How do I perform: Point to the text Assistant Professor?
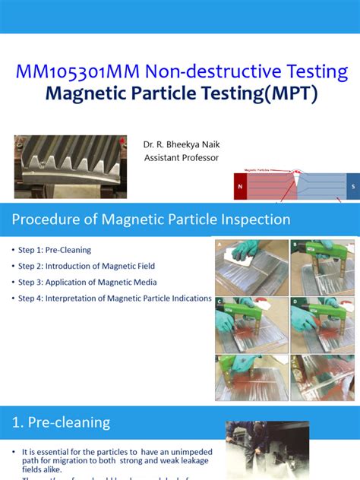[181, 158]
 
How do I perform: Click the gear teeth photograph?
[70, 166]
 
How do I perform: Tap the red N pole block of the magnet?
[241, 186]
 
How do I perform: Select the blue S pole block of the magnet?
[352, 186]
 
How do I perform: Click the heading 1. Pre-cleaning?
[61, 423]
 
